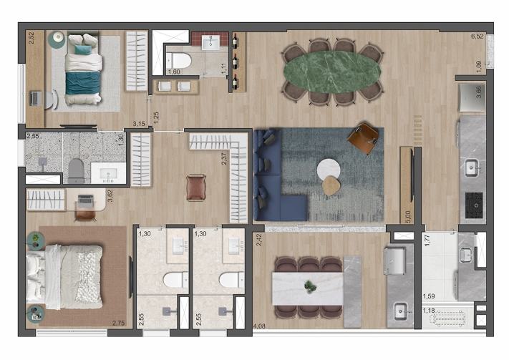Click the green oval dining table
(332, 72)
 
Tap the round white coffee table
(329, 169)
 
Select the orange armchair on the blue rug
(363, 137)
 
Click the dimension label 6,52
(478, 36)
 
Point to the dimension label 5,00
(408, 217)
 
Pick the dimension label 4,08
(259, 326)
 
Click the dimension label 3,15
(139, 123)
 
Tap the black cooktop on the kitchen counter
(474, 205)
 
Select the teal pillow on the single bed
(83, 49)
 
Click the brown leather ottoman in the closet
(196, 188)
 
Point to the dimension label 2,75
(119, 323)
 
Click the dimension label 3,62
(110, 195)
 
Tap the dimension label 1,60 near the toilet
(174, 72)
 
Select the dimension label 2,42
(259, 239)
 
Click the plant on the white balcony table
(310, 286)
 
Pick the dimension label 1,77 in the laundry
(427, 240)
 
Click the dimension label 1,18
(429, 311)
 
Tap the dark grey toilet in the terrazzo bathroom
(76, 170)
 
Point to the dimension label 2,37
(224, 158)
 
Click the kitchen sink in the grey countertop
(470, 167)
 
